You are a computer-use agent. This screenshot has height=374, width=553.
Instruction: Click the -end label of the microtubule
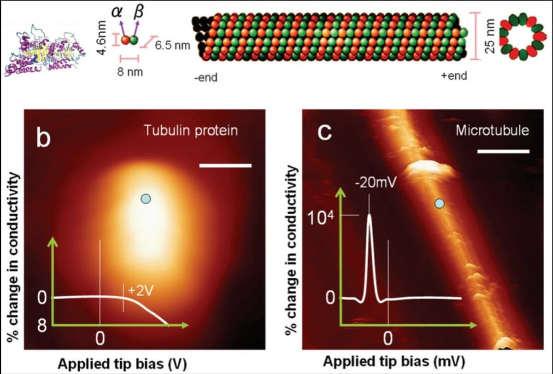click(x=206, y=77)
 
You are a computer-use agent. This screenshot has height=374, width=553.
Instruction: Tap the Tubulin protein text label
click(x=191, y=130)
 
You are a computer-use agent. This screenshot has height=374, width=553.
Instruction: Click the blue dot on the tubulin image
click(x=146, y=199)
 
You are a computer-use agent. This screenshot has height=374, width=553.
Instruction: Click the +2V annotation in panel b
click(x=140, y=290)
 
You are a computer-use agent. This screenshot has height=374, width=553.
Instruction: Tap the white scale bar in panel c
click(x=503, y=151)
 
